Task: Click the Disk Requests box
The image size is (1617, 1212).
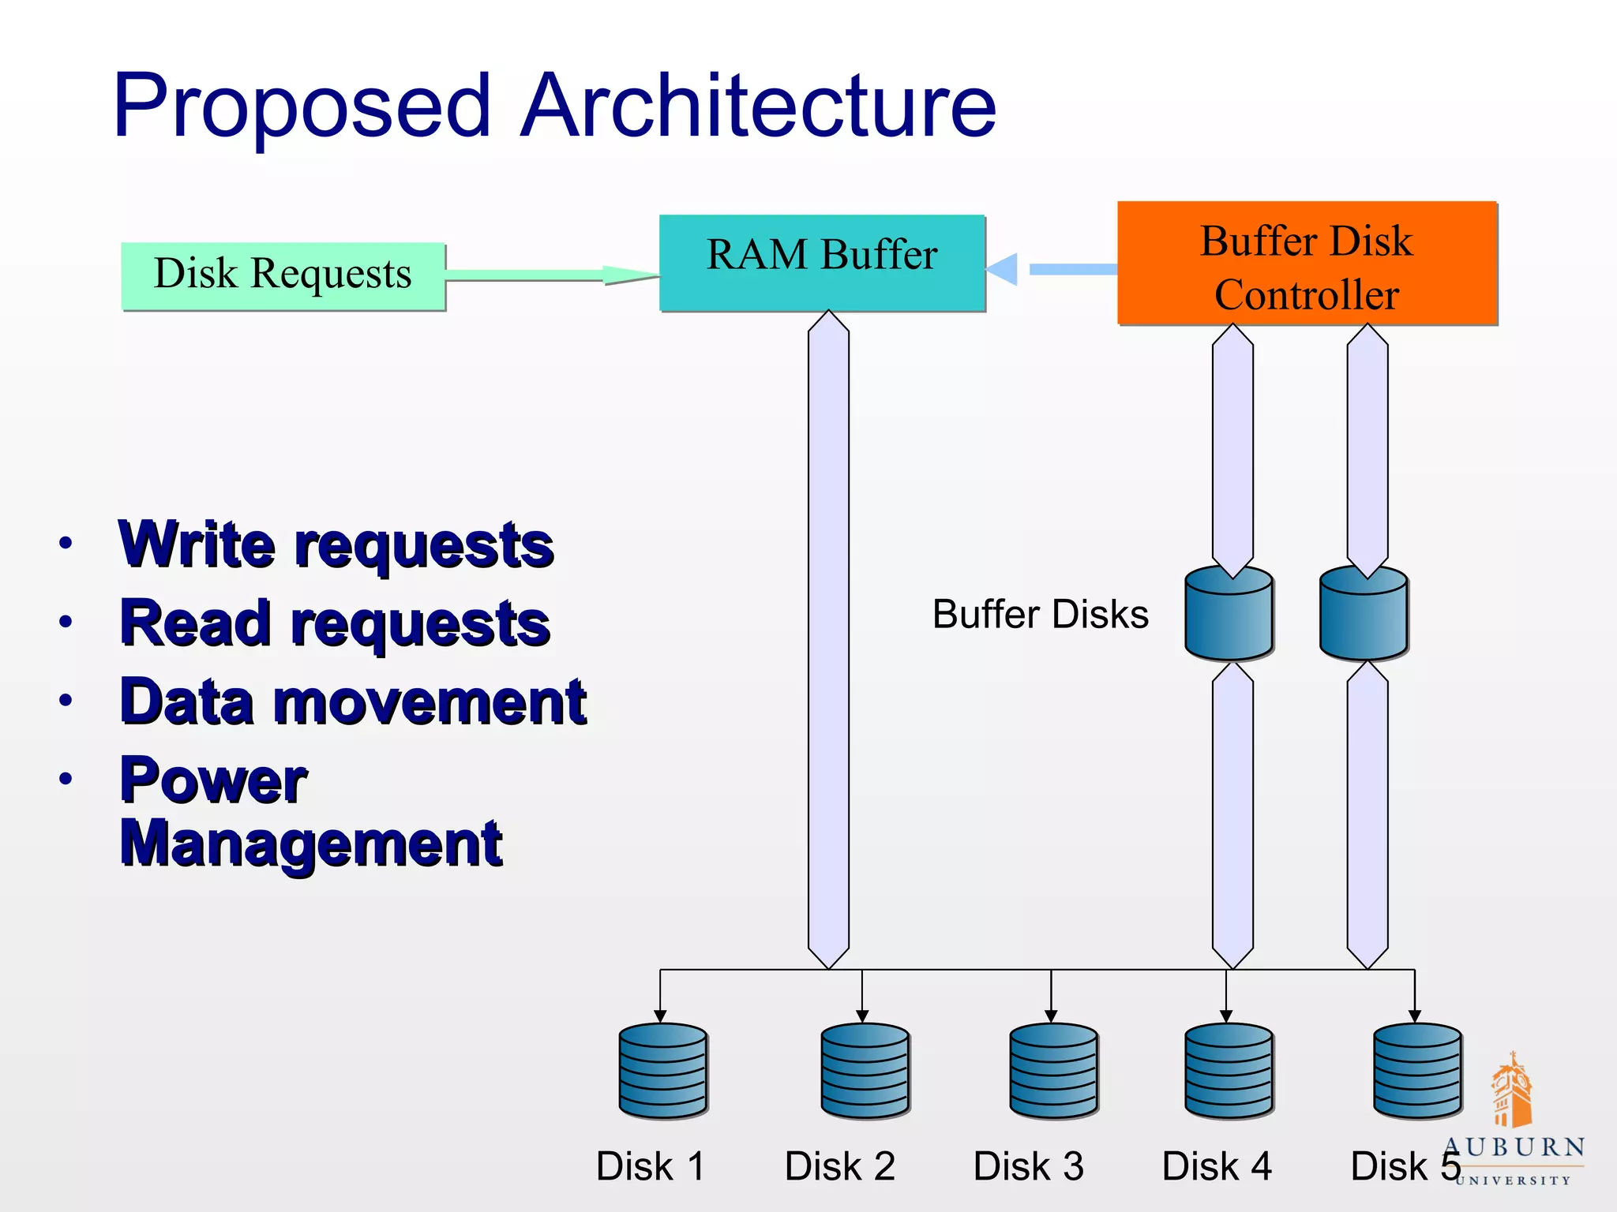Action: point(283,275)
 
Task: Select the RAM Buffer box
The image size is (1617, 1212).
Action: point(821,262)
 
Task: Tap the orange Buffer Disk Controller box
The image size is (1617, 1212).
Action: point(1307,263)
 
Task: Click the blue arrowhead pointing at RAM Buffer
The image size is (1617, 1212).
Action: point(1003,269)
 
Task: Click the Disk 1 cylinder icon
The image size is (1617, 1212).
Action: point(662,1070)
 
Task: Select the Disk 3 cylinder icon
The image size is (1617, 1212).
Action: point(1053,1070)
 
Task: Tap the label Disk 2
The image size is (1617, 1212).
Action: point(839,1165)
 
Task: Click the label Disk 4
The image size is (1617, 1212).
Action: point(1216,1165)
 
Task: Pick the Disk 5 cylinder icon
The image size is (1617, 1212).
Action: point(1417,1070)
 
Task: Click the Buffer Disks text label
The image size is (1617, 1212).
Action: point(1040,614)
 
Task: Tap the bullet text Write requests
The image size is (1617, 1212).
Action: point(336,544)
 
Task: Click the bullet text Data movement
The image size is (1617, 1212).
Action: point(353,701)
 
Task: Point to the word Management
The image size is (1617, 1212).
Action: point(311,844)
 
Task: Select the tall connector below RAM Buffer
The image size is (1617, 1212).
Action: point(828,639)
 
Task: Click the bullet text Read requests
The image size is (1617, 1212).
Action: point(335,623)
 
